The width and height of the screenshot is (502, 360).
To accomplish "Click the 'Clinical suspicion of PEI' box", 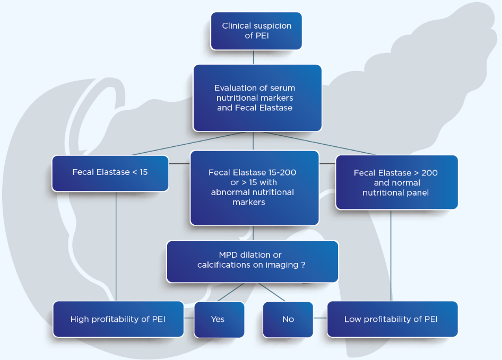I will coord(256,31).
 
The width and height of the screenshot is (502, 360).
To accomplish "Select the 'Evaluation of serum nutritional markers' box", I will coord(257,98).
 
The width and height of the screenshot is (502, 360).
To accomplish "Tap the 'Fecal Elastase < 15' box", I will coord(110,173).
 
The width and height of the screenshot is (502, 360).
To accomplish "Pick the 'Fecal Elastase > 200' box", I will coord(396,182).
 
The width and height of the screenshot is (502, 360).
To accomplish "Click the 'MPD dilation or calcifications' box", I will coord(252,261).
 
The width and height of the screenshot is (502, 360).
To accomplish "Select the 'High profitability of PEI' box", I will coord(118,319).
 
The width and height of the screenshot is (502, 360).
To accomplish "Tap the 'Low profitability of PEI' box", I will coord(392,319).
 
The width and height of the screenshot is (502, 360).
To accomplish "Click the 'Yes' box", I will coord(219,319).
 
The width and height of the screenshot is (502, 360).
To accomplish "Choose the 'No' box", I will coord(288,319).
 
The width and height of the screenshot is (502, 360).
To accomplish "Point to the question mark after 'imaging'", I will coord(303,265).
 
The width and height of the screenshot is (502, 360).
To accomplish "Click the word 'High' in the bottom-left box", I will coord(80,319).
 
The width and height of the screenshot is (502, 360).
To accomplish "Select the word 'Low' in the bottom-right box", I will coord(353,319).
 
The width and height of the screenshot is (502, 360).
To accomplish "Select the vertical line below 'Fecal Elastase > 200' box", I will coord(391,254).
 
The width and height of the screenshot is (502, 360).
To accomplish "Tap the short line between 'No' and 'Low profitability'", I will coord(320,319).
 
